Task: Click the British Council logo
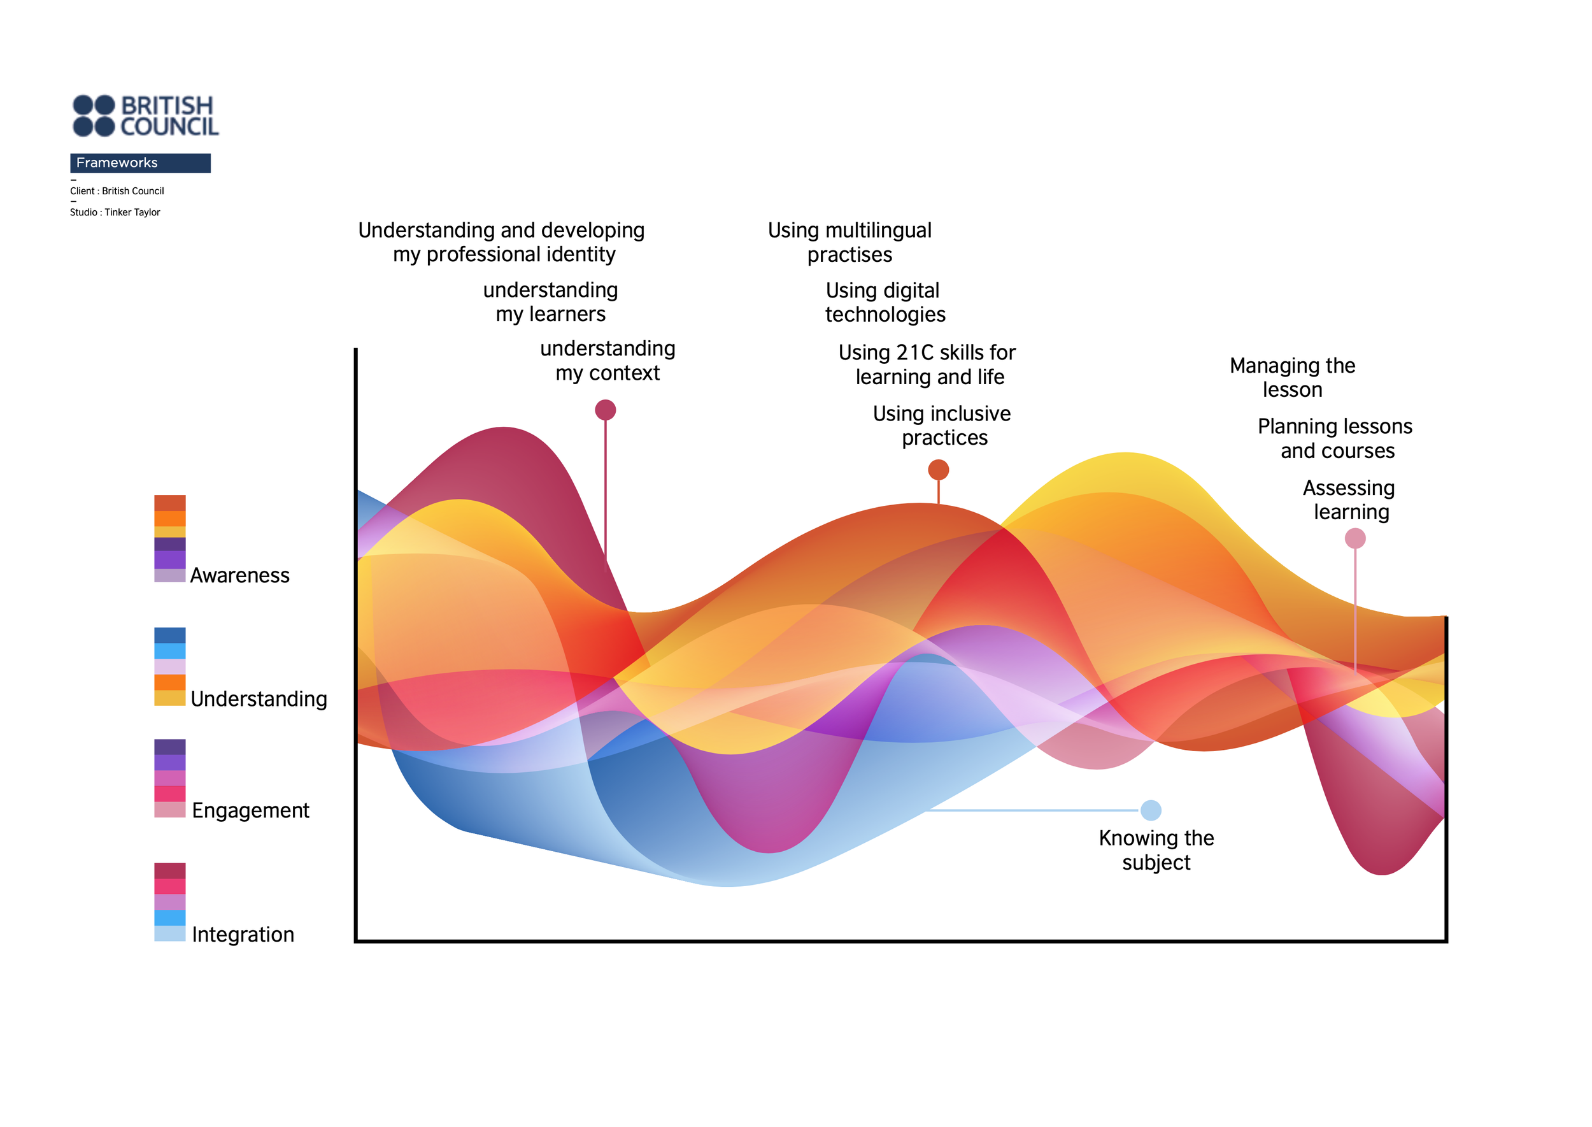145,115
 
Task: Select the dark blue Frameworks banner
140,163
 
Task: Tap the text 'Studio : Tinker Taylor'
115,212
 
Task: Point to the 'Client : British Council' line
117,191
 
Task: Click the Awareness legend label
239,575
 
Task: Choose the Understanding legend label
259,699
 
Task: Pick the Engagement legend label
250,810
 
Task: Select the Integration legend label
243,935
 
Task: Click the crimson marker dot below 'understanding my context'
606,410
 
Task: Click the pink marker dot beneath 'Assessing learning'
1356,538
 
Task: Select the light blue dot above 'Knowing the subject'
1151,810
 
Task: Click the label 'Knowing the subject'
1156,850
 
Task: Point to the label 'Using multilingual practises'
849,242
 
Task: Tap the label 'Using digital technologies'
885,303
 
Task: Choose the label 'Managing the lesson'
1292,378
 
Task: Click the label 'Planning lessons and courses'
1335,438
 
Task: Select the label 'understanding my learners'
551,302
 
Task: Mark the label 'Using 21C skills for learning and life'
927,364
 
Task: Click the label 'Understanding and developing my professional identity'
502,242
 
